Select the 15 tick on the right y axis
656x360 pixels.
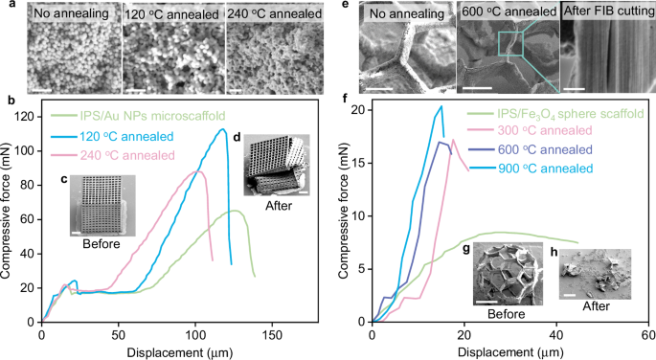tap(359, 163)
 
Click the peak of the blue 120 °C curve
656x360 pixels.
tap(223, 129)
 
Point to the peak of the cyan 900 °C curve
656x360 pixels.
tap(441, 106)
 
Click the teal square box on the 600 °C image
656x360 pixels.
tap(510, 45)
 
